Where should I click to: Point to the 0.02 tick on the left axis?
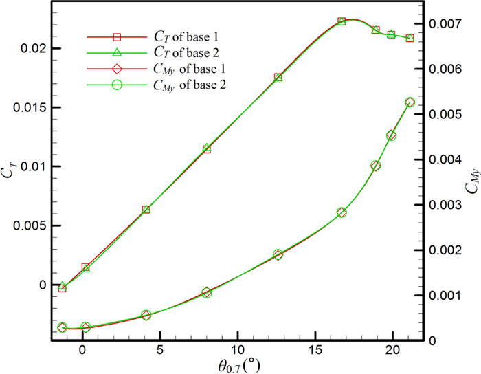(32, 49)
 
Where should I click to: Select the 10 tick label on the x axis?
(238, 348)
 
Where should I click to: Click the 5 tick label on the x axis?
(160, 348)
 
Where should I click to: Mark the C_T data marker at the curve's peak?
(342, 21)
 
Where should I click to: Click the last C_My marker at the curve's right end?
(410, 102)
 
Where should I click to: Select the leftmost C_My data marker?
(63, 328)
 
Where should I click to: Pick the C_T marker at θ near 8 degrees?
(207, 148)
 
